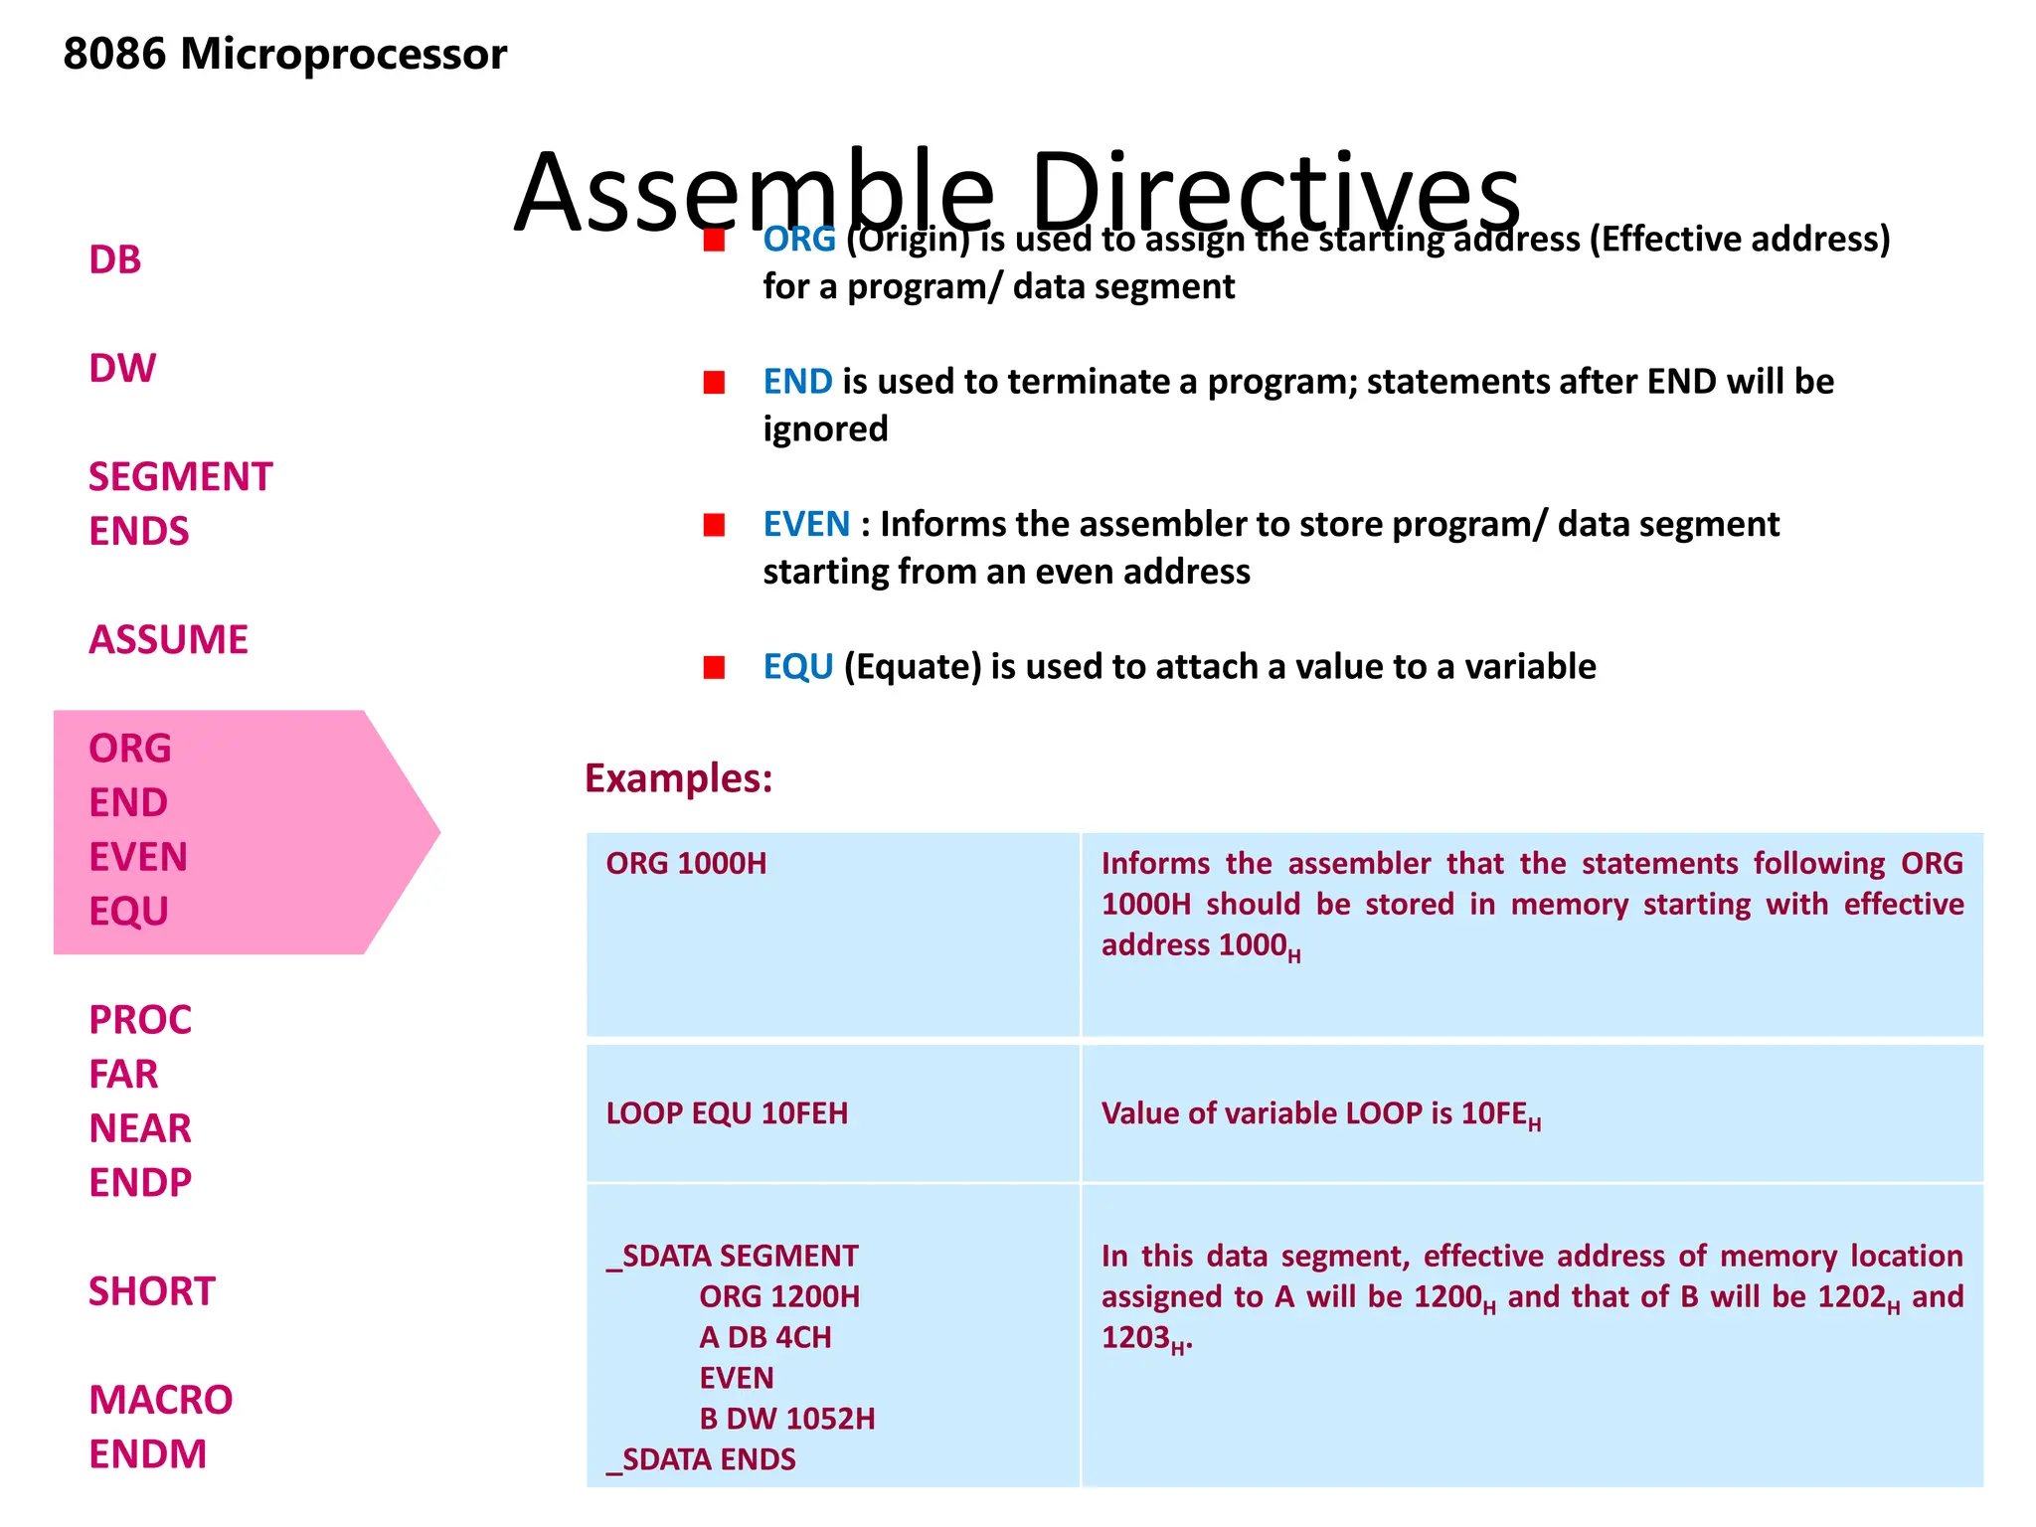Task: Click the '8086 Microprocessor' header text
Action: (x=284, y=54)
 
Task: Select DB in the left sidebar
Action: (x=115, y=260)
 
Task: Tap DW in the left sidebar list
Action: (x=122, y=369)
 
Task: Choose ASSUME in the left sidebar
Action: (x=168, y=640)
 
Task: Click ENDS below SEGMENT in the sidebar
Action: (x=138, y=532)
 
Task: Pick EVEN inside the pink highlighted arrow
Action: (x=137, y=857)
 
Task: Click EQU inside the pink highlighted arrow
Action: (x=128, y=912)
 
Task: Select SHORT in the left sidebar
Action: (x=151, y=1291)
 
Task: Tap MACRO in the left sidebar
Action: (x=160, y=1400)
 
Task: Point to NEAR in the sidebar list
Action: (x=139, y=1128)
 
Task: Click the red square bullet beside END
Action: (x=714, y=383)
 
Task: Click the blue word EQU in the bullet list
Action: (x=797, y=667)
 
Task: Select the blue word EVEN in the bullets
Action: (x=806, y=525)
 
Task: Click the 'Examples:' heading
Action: (x=678, y=778)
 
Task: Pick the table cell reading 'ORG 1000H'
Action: (x=686, y=864)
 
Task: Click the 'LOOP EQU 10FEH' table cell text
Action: (x=727, y=1113)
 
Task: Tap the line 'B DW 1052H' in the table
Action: (x=786, y=1419)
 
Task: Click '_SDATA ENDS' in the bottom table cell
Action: (x=701, y=1459)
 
